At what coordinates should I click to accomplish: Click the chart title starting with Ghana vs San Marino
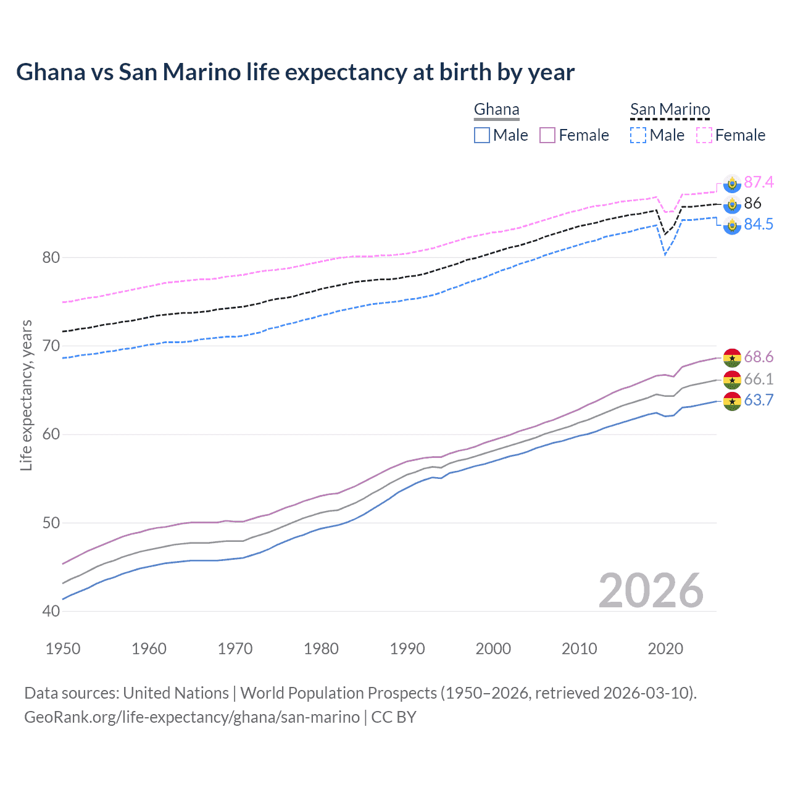[x=295, y=72]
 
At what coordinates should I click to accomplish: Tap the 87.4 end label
[x=759, y=182]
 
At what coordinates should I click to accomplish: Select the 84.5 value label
[x=759, y=224]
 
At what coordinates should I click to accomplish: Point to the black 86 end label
[x=752, y=203]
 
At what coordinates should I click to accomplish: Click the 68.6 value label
[x=759, y=357]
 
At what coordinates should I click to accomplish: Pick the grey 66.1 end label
[x=759, y=379]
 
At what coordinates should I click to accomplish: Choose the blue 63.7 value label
[x=759, y=400]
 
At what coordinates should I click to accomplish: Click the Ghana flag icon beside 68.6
[x=732, y=357]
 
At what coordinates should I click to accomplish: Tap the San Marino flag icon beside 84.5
[x=732, y=225]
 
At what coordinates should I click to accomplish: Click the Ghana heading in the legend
[x=496, y=109]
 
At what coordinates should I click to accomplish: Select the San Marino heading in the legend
[x=670, y=109]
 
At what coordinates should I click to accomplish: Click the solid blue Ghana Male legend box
[x=482, y=135]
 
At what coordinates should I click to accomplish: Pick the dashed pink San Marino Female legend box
[x=704, y=135]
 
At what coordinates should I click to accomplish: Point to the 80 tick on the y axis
[x=51, y=257]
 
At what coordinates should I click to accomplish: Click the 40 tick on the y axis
[x=51, y=611]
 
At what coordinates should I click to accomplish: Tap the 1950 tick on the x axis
[x=63, y=649]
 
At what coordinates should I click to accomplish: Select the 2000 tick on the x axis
[x=493, y=649]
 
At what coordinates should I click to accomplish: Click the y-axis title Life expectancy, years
[x=26, y=395]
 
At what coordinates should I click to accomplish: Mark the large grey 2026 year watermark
[x=651, y=591]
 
